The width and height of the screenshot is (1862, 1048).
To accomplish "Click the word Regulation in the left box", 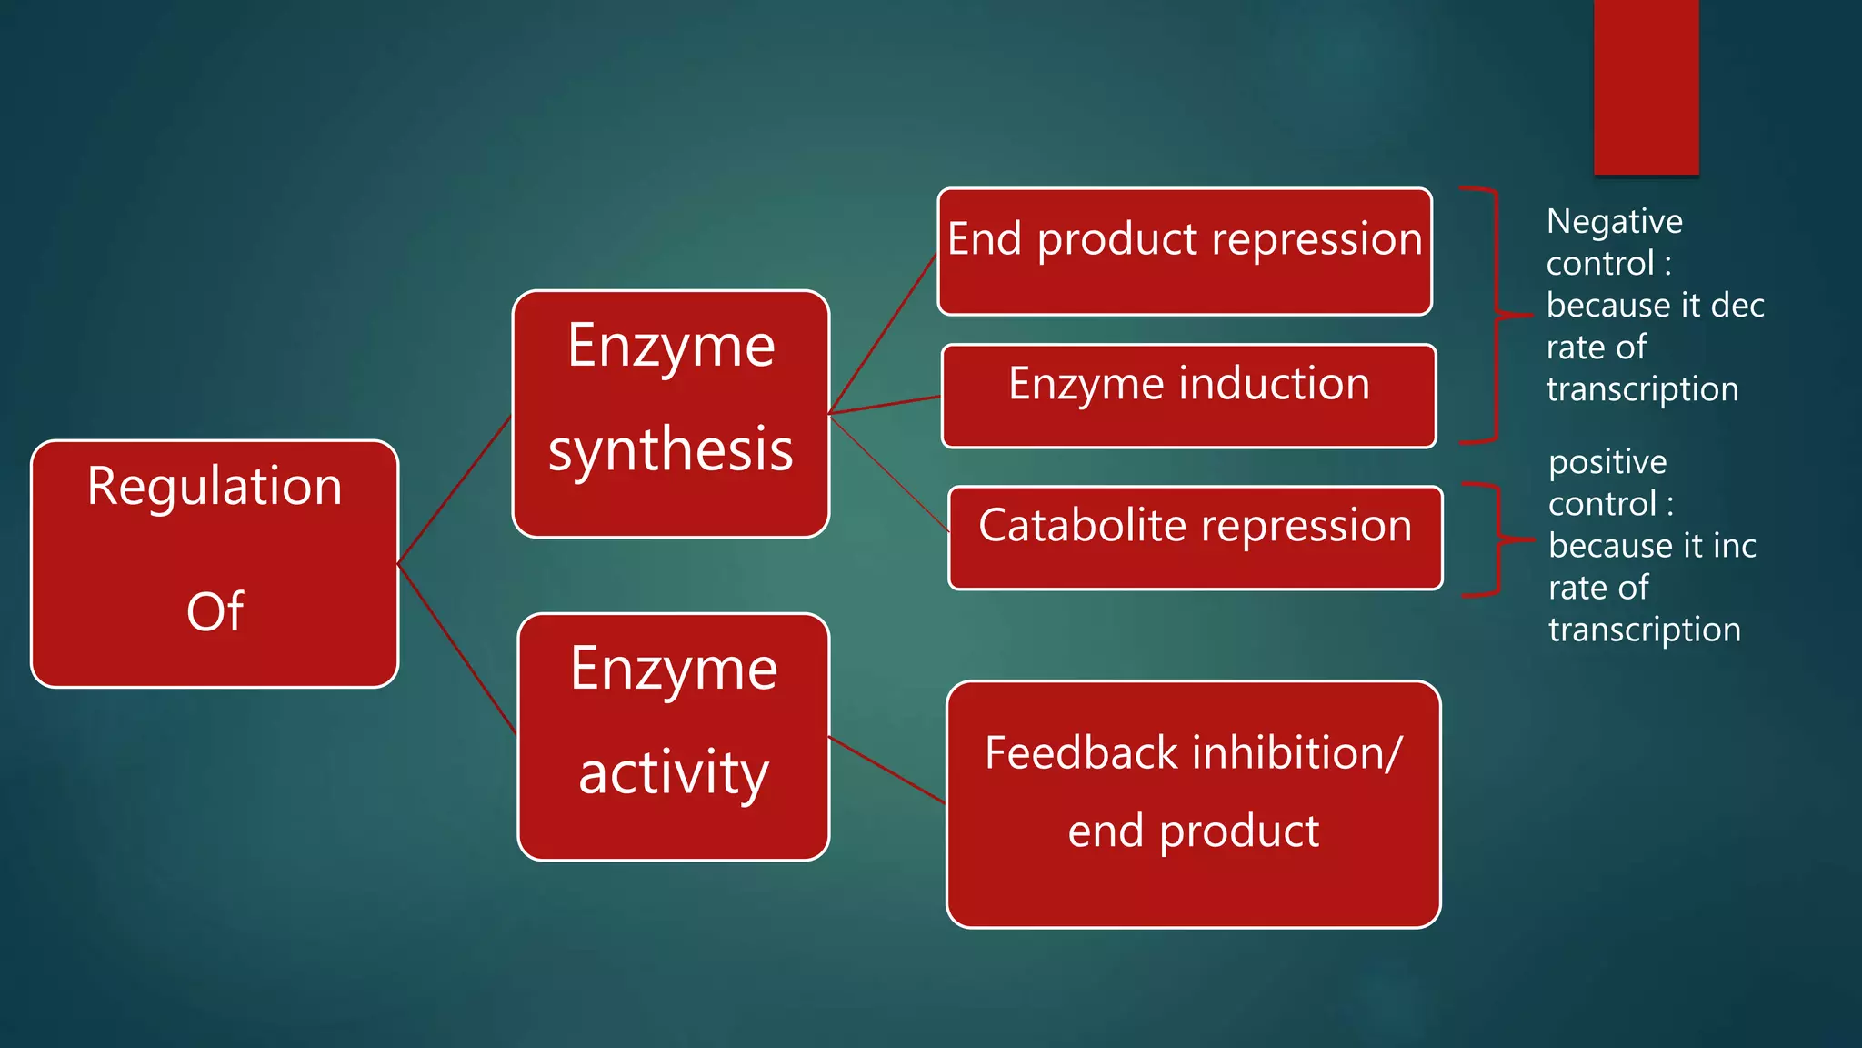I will tap(215, 488).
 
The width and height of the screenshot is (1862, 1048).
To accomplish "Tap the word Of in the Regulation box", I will tap(215, 611).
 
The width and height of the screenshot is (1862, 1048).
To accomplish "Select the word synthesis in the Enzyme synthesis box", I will tap(671, 450).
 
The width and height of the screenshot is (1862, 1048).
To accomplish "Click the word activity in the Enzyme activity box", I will tap(674, 773).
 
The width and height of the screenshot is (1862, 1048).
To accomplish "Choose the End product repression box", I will tap(1185, 252).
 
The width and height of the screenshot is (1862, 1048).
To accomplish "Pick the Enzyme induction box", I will tap(1189, 396).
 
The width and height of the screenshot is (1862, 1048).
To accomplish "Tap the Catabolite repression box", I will tap(1196, 538).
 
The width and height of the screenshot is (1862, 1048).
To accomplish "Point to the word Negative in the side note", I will tap(1615, 221).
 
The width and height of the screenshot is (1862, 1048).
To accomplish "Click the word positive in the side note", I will tap(1607, 462).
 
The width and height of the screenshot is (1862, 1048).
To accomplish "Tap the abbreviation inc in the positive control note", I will tap(1734, 546).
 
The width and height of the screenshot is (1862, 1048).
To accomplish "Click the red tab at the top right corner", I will tap(1646, 86).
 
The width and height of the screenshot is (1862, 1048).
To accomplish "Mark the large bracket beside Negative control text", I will tap(1496, 315).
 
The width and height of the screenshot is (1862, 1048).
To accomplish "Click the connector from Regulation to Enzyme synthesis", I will tap(455, 489).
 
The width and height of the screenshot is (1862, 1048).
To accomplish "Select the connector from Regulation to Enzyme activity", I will tap(456, 650).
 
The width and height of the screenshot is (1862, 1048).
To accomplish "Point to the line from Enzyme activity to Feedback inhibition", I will tap(886, 770).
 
